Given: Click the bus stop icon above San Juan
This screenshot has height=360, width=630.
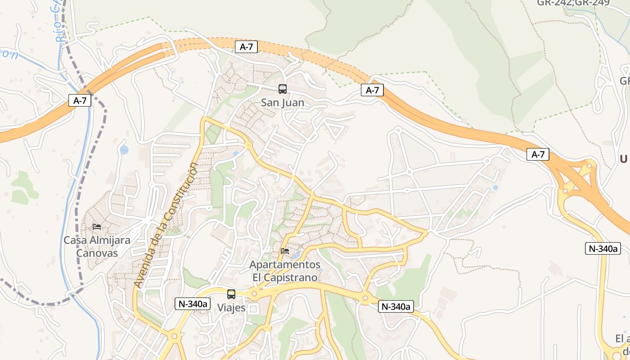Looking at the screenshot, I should coord(283,89).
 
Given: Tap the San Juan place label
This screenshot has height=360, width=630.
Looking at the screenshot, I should coord(283,103).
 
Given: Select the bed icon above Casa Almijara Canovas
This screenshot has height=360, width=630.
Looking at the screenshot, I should coord(97,227).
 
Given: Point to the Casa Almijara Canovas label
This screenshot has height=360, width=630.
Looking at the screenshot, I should coord(97,246).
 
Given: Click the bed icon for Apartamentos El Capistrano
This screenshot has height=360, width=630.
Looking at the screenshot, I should coord(284,251).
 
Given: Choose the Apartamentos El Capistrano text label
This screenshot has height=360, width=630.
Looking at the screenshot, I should coord(285,271).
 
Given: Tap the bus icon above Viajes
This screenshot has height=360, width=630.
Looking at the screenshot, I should coord(231,294).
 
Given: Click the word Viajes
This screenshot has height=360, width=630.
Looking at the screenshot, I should coord(231,308).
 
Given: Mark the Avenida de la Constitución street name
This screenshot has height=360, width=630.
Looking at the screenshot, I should coord(166,225).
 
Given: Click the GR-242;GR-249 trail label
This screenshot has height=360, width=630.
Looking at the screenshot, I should coord(573,3).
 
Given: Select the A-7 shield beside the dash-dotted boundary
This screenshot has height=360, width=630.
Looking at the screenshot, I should coord(80,100).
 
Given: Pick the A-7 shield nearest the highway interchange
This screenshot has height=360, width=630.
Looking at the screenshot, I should coord(538,155).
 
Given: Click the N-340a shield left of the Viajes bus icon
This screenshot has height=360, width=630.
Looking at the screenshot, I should coord(193,304).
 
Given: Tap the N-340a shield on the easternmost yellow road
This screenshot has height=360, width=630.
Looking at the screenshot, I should coord(603,248).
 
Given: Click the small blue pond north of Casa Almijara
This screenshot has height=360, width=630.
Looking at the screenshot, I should coord(124,150).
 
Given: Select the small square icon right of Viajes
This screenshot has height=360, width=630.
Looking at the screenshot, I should coord(253,309).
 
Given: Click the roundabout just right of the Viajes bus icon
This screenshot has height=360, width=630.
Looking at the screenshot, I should coord(254,294).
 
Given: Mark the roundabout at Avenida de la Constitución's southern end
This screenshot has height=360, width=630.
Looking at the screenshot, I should coord(174,336).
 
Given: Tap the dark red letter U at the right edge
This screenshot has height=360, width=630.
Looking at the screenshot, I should coord(623,159).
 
